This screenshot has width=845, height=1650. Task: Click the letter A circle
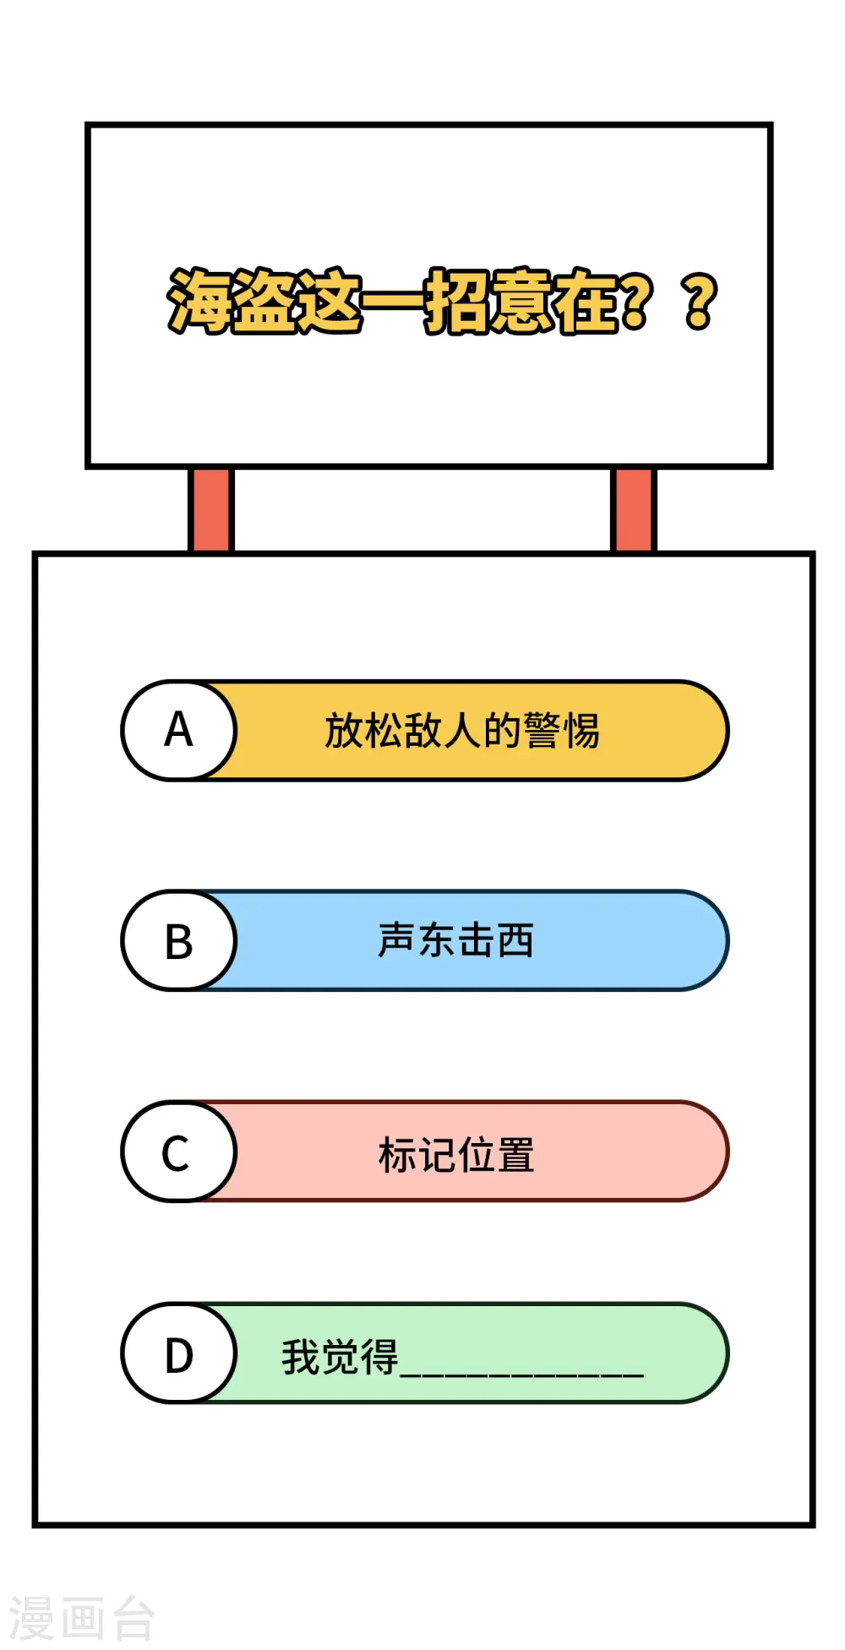179,730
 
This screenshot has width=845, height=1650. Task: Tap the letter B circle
179,940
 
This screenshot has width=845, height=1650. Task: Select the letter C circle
179,1152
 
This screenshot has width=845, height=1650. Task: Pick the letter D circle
179,1353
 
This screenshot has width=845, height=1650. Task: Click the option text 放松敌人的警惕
462,731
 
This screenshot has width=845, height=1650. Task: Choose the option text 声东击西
456,940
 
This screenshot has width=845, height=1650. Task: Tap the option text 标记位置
456,1155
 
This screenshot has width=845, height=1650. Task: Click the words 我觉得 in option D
340,1357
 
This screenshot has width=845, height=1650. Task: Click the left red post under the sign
210,510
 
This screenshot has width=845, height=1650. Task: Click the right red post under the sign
633,510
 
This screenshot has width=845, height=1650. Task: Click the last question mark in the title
701,302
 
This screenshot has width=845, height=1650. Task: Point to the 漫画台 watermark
82,1618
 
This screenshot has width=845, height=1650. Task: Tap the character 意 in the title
521,301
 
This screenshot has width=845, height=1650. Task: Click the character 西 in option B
515,940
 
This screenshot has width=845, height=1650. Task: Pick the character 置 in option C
515,1155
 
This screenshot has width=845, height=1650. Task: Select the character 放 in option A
345,731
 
